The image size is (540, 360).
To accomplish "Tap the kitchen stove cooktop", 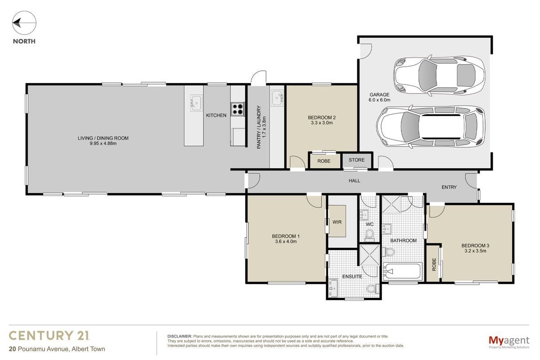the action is (238, 109).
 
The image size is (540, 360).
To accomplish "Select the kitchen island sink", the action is (196, 103).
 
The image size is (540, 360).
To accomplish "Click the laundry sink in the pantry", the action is (277, 98).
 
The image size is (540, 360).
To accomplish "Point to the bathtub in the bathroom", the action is (402, 272).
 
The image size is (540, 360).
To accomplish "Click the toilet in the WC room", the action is (369, 235).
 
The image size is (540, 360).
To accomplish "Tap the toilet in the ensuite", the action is (373, 288).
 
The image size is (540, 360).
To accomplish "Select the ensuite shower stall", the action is (369, 255).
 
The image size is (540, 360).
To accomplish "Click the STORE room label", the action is (356, 160).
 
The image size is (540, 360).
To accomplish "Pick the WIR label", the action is (337, 222).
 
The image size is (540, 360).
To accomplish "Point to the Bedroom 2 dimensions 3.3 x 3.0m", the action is (322, 123).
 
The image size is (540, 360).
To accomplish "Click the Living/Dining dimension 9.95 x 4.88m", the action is (103, 144).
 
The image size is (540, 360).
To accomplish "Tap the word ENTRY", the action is (449, 187).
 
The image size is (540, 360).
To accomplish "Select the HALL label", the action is (354, 180).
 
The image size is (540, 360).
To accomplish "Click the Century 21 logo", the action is (49, 335).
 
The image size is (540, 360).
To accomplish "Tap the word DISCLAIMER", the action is (180, 336).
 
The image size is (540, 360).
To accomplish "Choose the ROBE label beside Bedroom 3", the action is (434, 264).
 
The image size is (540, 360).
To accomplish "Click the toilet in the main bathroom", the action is (388, 252).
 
